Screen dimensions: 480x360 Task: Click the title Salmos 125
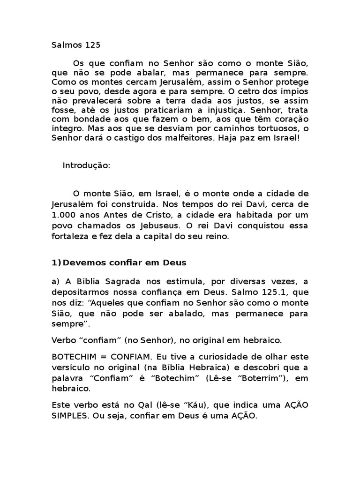click(75, 45)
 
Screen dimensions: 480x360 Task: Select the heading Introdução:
click(86, 166)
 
